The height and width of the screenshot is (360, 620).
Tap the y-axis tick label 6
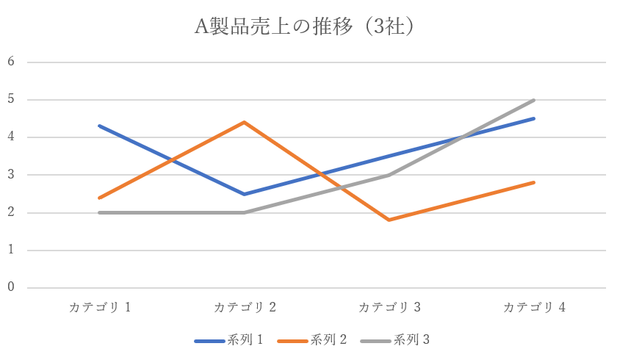click(x=11, y=61)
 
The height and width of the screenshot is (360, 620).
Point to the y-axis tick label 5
click(x=11, y=99)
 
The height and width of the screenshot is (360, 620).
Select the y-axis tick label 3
click(x=11, y=175)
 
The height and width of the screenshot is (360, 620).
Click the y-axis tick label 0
click(x=11, y=287)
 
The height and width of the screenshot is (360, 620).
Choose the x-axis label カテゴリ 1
click(x=100, y=307)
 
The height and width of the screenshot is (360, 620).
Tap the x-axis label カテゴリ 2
click(x=245, y=307)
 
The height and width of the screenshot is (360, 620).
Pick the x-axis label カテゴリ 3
click(x=389, y=307)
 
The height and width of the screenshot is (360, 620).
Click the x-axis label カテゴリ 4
click(x=534, y=307)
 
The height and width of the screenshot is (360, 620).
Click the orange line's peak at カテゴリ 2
click(x=244, y=122)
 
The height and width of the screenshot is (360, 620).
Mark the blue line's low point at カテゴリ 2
click(x=244, y=194)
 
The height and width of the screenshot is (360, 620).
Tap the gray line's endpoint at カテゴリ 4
click(x=534, y=100)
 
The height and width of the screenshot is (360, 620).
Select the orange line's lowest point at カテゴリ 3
click(x=389, y=220)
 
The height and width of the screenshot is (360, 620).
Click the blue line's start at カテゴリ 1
click(x=99, y=126)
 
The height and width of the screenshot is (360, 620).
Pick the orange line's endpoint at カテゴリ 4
click(x=534, y=182)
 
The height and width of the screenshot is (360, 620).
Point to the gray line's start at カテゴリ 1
click(x=99, y=212)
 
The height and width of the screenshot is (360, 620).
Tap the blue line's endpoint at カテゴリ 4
click(x=534, y=118)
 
